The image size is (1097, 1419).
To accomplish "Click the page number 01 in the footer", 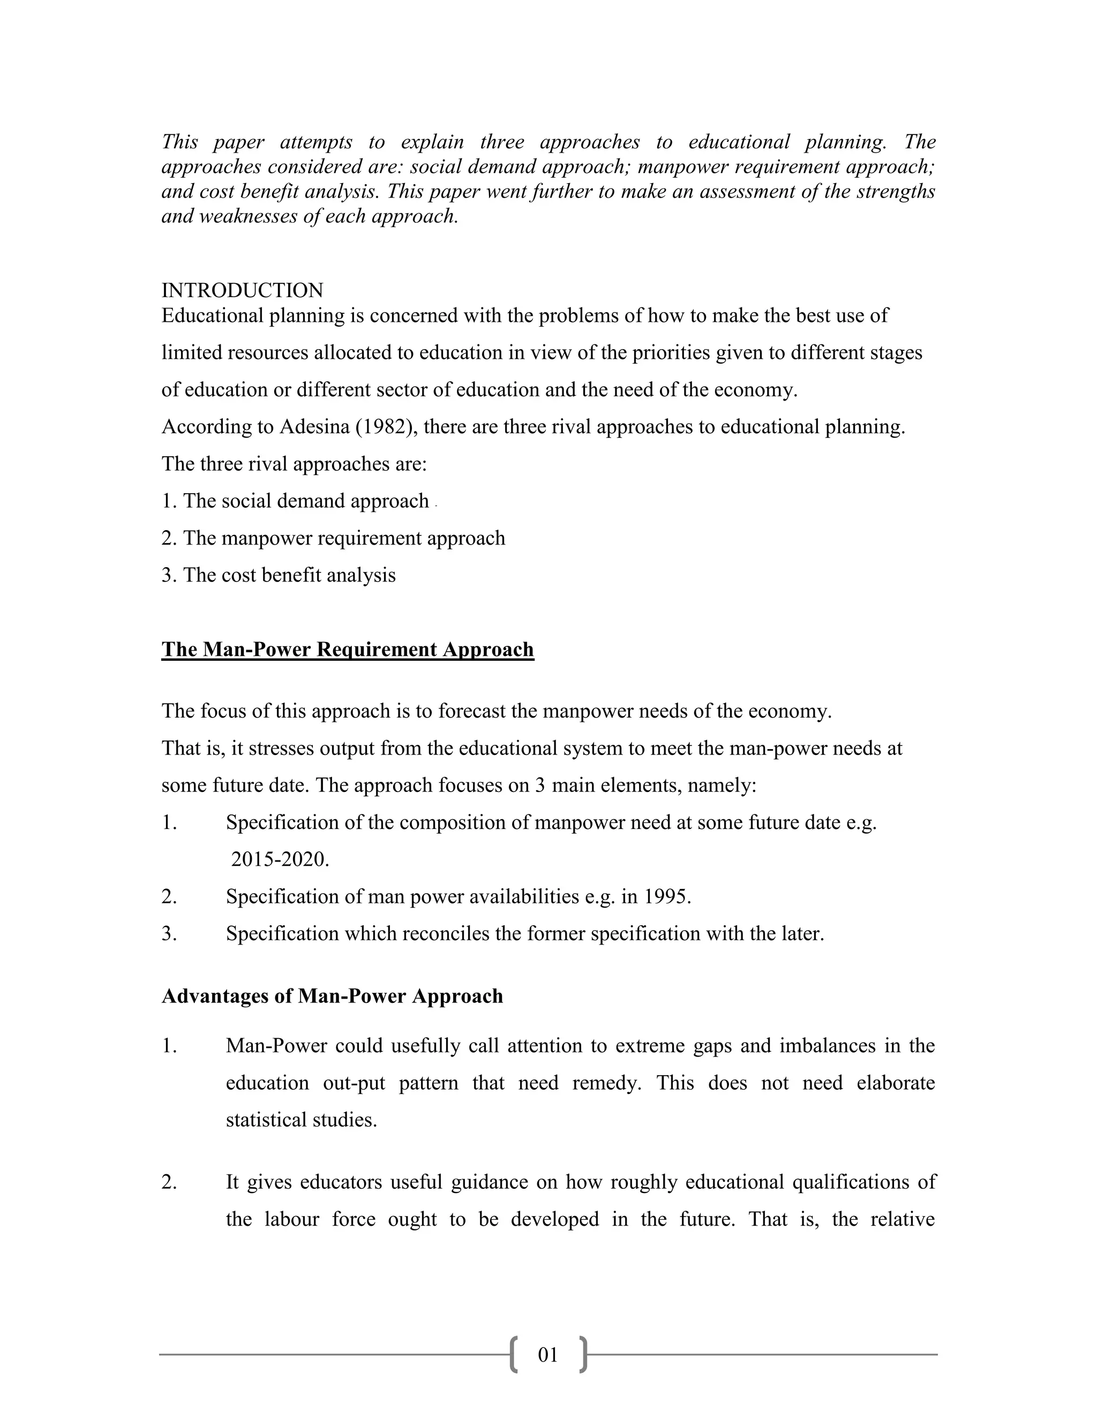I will click(548, 1354).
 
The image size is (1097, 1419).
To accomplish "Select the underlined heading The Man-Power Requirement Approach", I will click(348, 649).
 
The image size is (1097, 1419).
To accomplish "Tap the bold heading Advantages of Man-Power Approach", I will click(332, 996).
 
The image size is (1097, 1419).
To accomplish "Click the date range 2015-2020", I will click(280, 859).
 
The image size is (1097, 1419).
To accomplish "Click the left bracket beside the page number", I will click(514, 1355).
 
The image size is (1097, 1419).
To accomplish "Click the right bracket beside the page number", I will click(583, 1355).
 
